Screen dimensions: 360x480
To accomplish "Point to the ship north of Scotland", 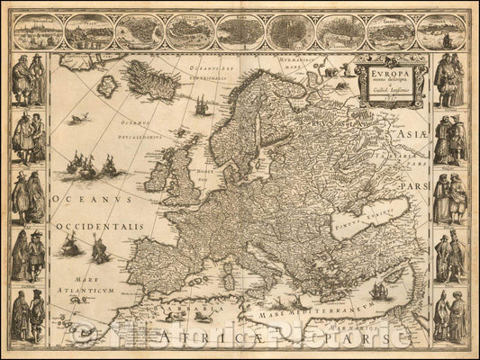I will pyautogui.click(x=200, y=106).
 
